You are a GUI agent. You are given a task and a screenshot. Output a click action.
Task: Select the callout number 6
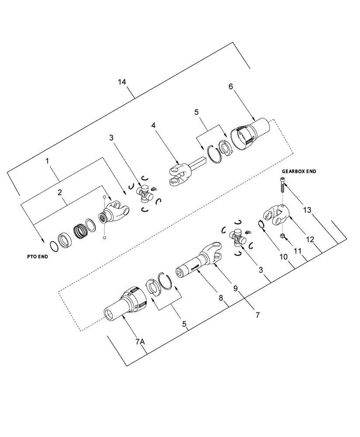(x=230, y=86)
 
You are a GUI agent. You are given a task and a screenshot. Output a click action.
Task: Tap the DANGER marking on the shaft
(x=195, y=266)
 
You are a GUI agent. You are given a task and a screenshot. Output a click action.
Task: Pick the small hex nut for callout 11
(x=282, y=236)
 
